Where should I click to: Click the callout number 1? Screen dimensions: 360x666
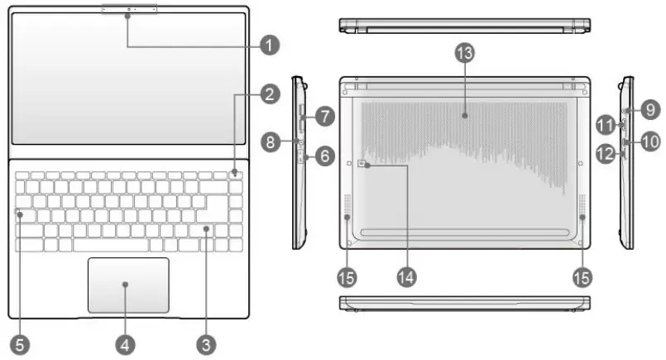coord(268,44)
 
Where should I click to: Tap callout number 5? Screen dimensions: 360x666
coord(17,341)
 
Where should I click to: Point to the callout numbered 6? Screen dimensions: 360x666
coord(323,154)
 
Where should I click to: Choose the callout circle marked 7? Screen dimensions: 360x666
coord(325,117)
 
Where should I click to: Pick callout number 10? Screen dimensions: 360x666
coord(649,142)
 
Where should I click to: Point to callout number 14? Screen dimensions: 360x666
coord(406,276)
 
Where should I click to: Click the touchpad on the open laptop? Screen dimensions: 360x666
coord(128,285)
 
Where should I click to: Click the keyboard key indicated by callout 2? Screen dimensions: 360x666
coord(236,174)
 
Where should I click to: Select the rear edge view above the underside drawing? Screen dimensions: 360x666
coord(464,25)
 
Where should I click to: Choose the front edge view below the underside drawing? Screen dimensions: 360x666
coord(464,303)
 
